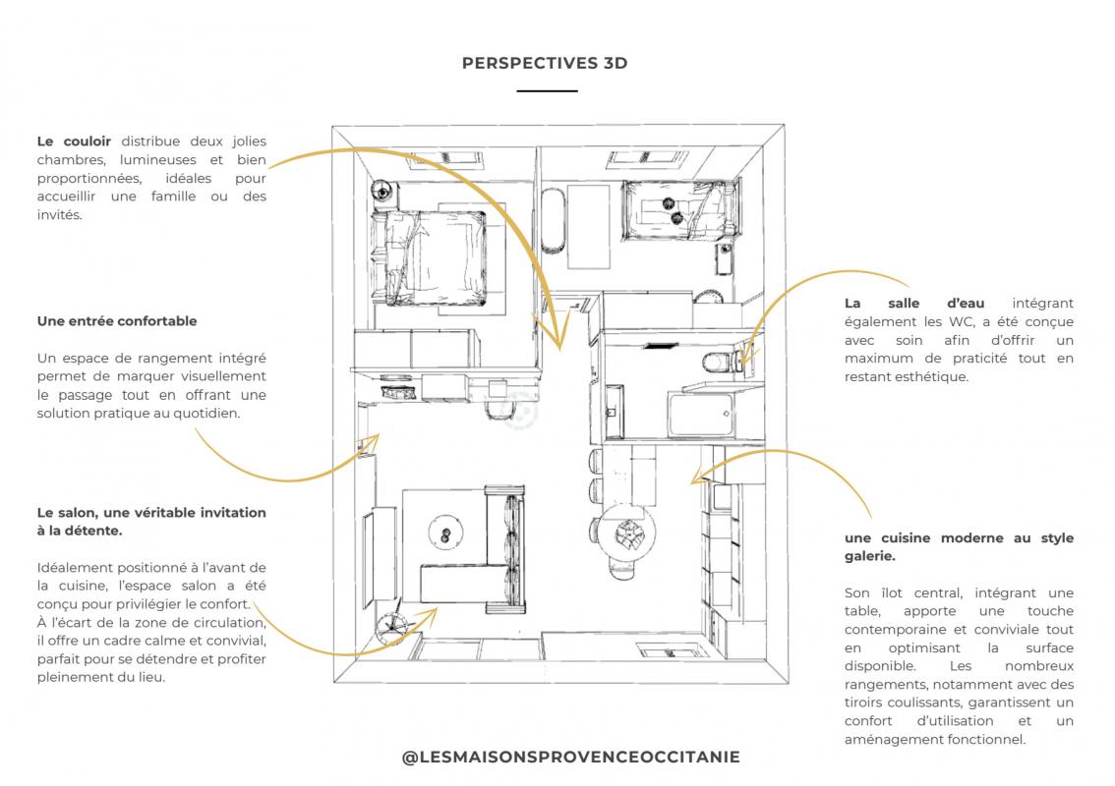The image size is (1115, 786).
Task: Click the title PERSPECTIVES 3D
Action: click(x=544, y=63)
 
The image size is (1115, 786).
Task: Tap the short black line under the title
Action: click(x=547, y=90)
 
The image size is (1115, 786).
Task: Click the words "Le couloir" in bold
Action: click(x=74, y=141)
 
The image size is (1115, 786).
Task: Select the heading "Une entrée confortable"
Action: click(x=117, y=321)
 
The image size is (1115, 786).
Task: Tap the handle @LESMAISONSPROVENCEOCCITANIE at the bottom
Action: click(x=571, y=757)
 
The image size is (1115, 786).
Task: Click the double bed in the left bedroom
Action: click(x=433, y=255)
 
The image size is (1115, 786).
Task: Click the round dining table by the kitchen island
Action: click(x=626, y=535)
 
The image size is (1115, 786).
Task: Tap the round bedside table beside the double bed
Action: click(x=381, y=191)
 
